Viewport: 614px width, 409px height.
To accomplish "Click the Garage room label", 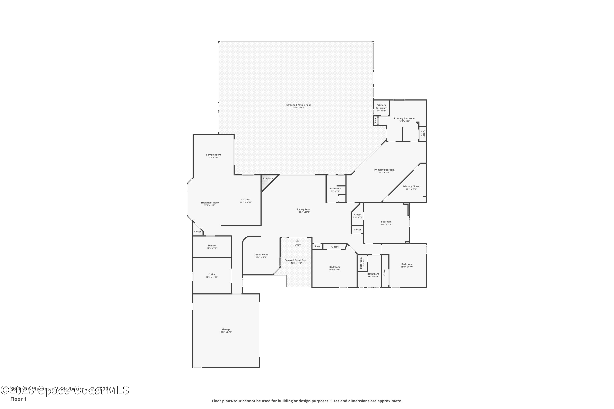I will [x=226, y=329].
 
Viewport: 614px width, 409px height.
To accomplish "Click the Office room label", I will [x=212, y=274].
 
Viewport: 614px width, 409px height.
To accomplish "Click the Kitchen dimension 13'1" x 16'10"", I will [x=246, y=202].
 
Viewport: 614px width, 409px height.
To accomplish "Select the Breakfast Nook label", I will [x=210, y=203].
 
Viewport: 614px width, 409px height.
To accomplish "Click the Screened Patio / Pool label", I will [x=298, y=105].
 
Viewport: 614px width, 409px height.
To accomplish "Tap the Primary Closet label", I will [x=411, y=187].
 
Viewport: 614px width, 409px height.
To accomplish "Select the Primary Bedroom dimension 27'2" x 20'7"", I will [x=384, y=173].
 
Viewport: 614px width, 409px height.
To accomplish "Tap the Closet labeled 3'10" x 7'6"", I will [x=358, y=216].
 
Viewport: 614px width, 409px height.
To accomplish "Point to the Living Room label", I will [x=304, y=209].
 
